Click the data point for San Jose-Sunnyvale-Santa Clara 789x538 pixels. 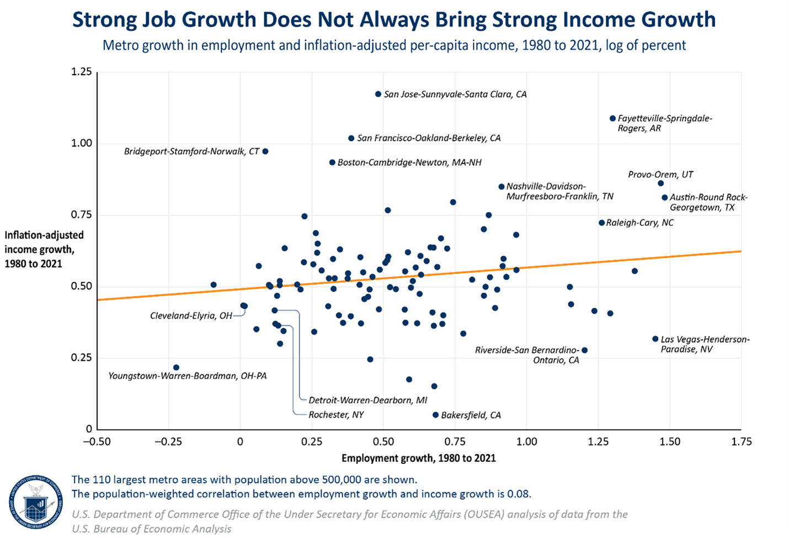click(x=378, y=94)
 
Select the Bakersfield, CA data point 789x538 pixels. click(x=435, y=415)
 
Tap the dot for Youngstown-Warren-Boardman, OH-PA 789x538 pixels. click(x=176, y=367)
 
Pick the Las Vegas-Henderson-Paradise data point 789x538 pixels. click(x=655, y=339)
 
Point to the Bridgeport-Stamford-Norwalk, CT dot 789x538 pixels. click(x=265, y=151)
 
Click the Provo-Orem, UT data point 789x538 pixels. click(x=660, y=183)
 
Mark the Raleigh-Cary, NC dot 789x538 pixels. click(x=601, y=223)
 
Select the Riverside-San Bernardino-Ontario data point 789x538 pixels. click(x=584, y=350)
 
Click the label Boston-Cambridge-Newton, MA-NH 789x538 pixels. click(x=409, y=162)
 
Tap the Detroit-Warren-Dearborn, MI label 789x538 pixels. click(x=367, y=400)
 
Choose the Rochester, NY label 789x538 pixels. click(x=336, y=415)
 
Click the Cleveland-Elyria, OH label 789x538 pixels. click(x=191, y=316)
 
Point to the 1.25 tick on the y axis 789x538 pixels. click(x=81, y=72)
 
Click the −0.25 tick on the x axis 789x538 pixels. click(x=168, y=441)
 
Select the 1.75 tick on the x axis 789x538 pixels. click(x=741, y=441)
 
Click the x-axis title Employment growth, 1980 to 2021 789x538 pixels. click(x=418, y=458)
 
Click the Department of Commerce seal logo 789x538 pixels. click(x=36, y=502)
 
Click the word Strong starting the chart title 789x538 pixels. click(x=104, y=20)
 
